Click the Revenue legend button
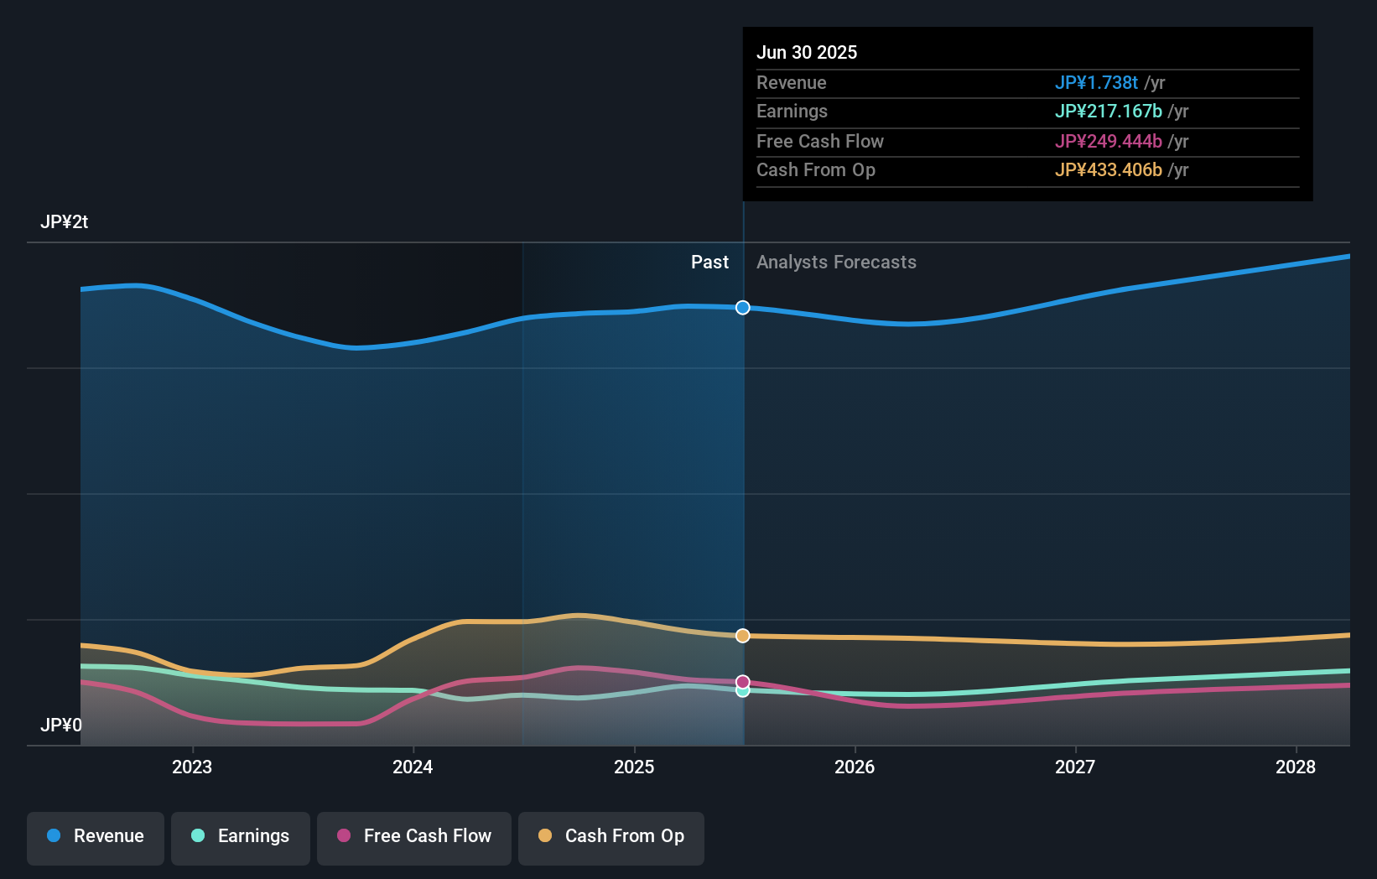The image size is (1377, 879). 96,837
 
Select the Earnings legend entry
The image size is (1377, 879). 241,837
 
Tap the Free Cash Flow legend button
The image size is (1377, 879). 414,837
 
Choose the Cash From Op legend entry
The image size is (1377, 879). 611,837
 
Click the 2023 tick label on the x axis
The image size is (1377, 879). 192,767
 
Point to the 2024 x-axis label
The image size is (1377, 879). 413,767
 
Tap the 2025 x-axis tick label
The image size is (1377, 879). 634,767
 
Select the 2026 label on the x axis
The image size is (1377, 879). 855,767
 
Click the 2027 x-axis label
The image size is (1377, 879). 1075,767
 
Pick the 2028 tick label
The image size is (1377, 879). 1296,767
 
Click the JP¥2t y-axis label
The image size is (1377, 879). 64,222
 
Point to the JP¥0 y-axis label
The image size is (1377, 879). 61,725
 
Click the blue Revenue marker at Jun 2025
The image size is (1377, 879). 743,308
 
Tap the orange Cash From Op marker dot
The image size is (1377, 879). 743,636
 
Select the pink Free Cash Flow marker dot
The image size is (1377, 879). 743,681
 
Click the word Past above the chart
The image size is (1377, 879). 709,263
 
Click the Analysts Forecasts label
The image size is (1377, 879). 836,263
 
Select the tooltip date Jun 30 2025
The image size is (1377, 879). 807,53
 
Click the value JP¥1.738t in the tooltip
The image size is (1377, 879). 1096,83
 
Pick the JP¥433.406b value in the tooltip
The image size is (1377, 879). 1108,170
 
